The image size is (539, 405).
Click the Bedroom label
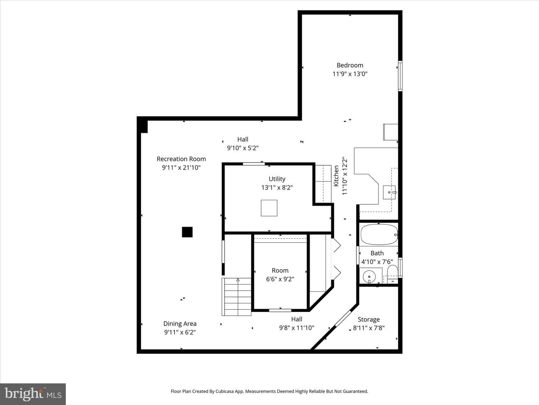coord(350,65)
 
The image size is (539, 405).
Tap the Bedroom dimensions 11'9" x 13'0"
coord(350,74)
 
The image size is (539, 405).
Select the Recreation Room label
coord(181,159)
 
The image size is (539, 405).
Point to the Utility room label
coord(277,179)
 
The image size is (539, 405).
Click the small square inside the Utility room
coord(269,208)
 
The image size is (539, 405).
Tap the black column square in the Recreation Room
coord(187,232)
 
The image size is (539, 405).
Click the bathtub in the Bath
coord(379,235)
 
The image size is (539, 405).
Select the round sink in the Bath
coord(369,277)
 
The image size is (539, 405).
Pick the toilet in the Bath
coord(392,273)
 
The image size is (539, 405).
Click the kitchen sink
coord(389,192)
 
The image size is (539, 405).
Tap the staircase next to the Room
coord(236,297)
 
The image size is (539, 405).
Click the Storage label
coord(369,319)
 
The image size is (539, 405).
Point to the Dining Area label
coord(180,324)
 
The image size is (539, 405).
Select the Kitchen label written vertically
coord(336,176)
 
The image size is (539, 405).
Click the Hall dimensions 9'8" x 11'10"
coord(296,328)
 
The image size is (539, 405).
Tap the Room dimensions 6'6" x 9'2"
coord(280,279)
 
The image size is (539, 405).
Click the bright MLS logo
coord(33,394)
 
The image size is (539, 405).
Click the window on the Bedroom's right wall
coord(400,76)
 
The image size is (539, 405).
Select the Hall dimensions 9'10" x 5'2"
coord(243,148)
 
